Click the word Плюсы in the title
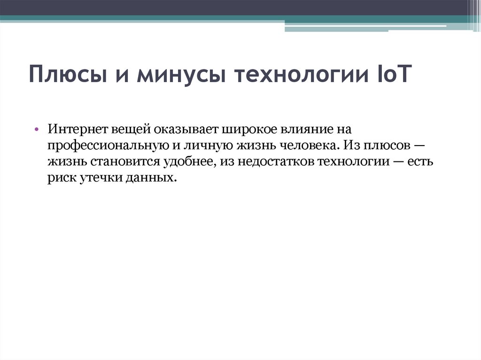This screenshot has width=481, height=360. [x=65, y=75]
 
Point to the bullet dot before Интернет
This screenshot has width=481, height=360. [x=37, y=129]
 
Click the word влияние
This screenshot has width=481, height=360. [x=307, y=129]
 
